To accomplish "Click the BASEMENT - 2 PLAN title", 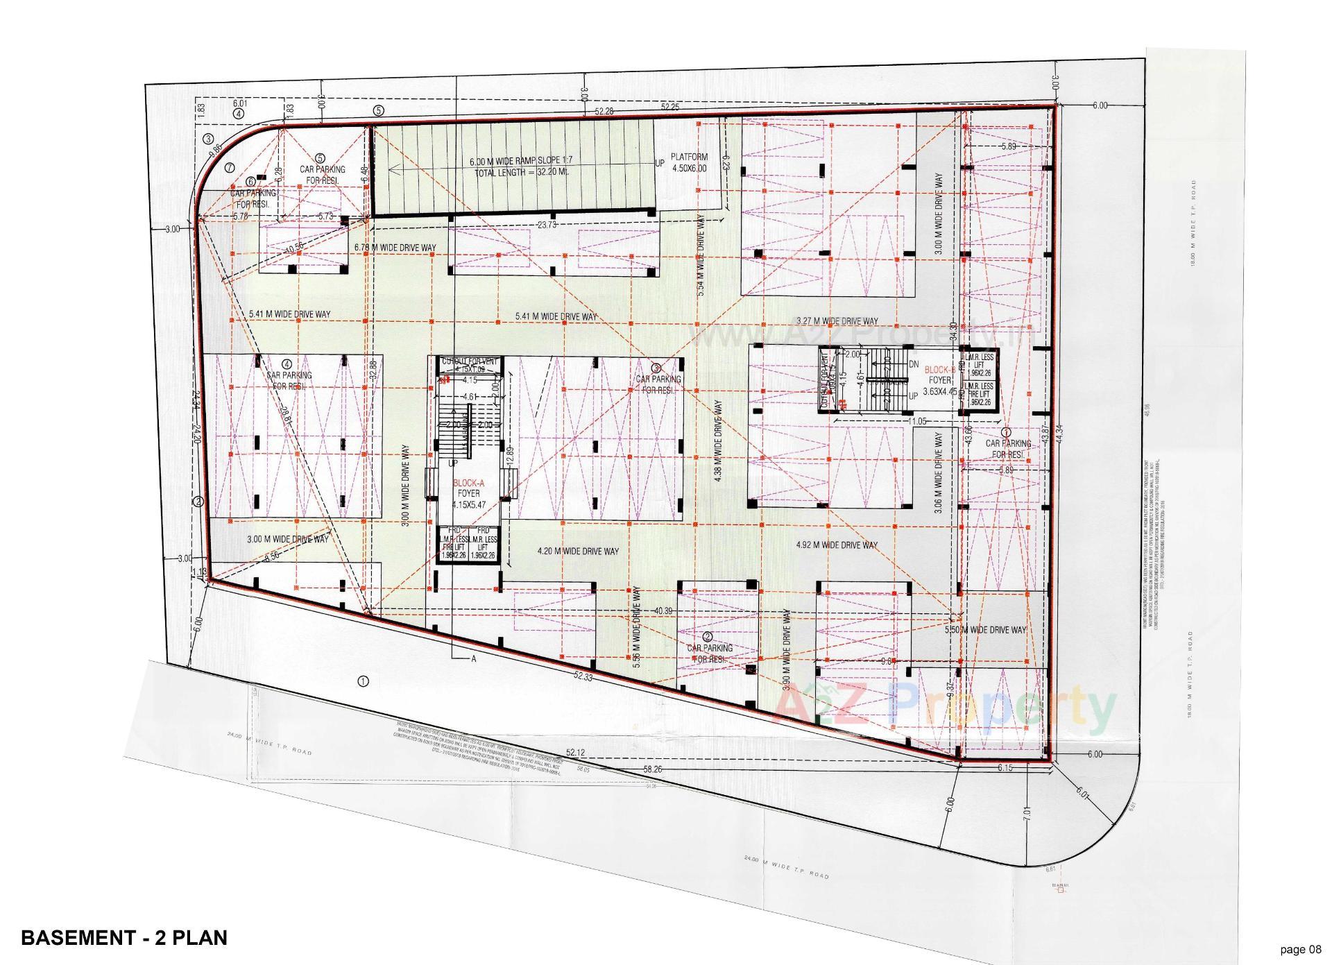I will [124, 938].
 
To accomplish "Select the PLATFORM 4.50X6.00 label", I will [689, 162].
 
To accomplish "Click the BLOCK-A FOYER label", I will [468, 488].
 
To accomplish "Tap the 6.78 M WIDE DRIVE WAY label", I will [395, 248].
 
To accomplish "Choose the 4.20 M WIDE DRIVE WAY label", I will [578, 552].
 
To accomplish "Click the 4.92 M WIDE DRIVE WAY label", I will [837, 545].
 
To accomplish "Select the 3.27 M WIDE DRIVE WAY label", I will [837, 321].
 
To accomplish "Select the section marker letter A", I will [474, 659].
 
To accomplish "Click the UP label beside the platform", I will [660, 164].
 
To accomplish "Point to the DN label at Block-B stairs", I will [913, 364].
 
